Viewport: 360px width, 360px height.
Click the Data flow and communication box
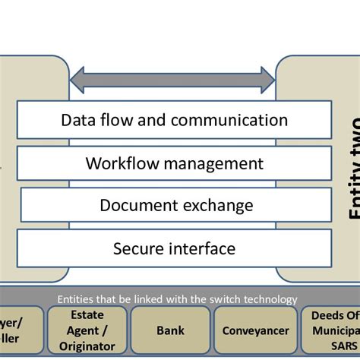pos(174,121)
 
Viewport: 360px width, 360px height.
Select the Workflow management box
pos(174,163)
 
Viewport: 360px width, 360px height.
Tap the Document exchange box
pos(176,205)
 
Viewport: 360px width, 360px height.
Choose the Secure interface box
pos(174,248)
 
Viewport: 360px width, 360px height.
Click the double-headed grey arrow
pos(172,78)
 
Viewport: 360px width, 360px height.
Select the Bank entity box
pos(170,331)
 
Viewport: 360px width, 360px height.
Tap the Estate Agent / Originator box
pos(87,331)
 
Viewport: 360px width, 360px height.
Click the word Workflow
pos(119,163)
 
